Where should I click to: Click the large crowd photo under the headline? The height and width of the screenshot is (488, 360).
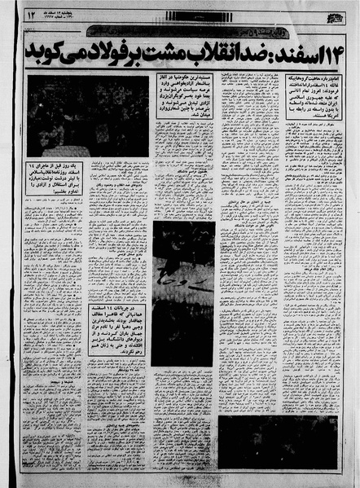click(88, 116)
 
